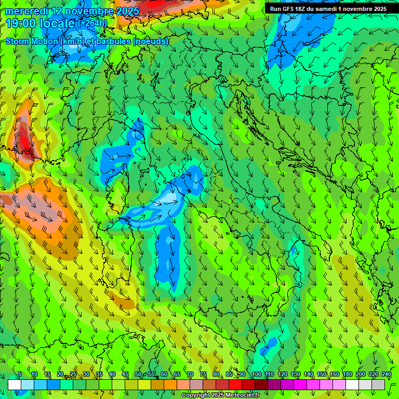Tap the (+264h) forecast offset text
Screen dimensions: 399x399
[x=92, y=23]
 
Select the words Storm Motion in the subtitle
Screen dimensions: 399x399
[x=32, y=41]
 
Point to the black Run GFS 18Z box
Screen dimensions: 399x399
[x=328, y=9]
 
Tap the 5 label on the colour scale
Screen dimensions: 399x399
[x=20, y=375]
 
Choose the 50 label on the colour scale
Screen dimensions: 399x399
[x=138, y=375]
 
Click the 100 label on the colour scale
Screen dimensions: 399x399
[x=256, y=375]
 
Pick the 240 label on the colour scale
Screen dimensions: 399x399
[x=387, y=375]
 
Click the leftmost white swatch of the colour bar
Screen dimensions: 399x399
[x=15, y=384]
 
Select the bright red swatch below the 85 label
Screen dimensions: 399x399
[x=235, y=384]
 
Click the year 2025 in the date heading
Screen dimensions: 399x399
[x=127, y=11]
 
